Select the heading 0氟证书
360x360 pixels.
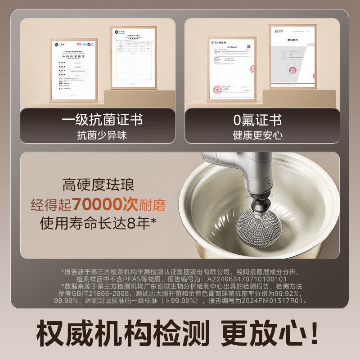(257, 120)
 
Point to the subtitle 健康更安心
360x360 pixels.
(257, 135)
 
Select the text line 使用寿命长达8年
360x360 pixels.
(98, 223)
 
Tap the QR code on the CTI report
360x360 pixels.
(247, 47)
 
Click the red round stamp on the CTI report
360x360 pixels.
(217, 86)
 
